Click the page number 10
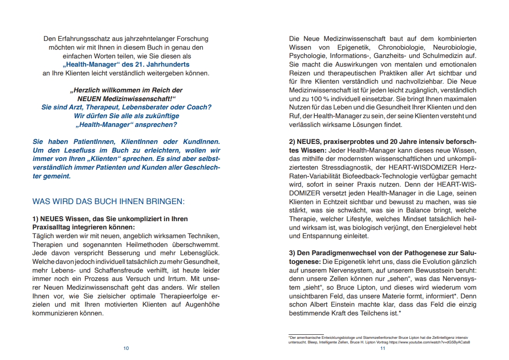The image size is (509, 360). point(126,349)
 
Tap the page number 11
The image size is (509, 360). point(382,349)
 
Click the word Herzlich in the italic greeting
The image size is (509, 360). point(85,90)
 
